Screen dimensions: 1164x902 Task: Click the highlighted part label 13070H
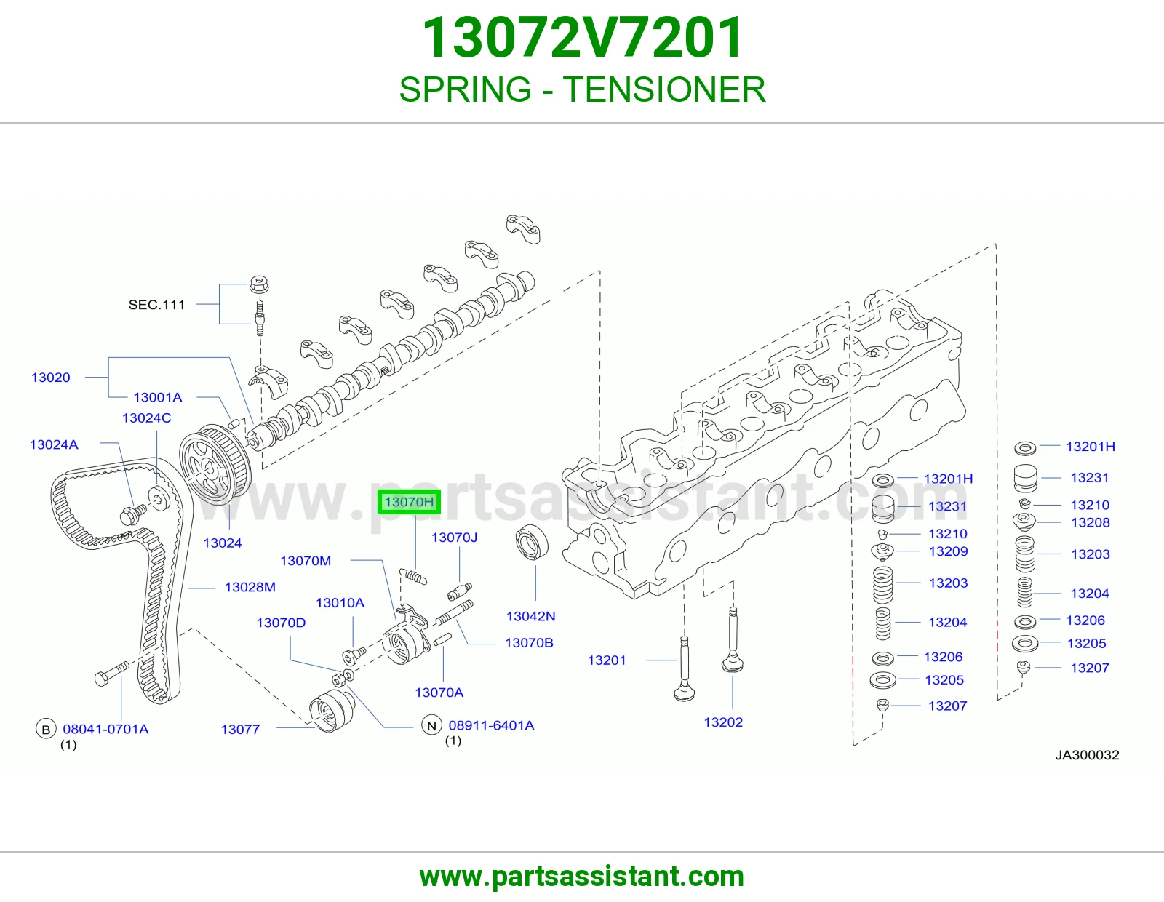click(409, 502)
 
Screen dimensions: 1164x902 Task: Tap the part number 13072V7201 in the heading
click(582, 37)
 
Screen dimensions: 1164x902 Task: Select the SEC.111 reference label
click(156, 305)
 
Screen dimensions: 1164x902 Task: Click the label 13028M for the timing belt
click(250, 587)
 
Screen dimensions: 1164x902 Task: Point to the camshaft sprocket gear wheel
click(215, 465)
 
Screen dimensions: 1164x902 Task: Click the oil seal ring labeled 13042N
click(532, 541)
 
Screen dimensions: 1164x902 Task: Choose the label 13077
click(240, 729)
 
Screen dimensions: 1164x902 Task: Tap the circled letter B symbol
click(46, 729)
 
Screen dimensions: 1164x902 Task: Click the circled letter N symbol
click(431, 725)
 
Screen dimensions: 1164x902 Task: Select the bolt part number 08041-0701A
click(105, 729)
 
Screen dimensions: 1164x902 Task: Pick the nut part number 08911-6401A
click(491, 725)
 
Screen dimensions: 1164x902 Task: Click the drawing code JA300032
click(1087, 755)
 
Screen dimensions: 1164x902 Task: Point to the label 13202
click(723, 722)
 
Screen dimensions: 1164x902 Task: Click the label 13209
click(948, 551)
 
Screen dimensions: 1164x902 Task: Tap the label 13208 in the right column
click(1090, 522)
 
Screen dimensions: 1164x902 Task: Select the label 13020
click(50, 377)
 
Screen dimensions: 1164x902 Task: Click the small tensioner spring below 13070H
click(413, 576)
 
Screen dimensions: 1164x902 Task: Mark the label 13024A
click(54, 444)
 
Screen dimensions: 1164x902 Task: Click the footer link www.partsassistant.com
click(582, 877)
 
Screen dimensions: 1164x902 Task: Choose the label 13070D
click(281, 623)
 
